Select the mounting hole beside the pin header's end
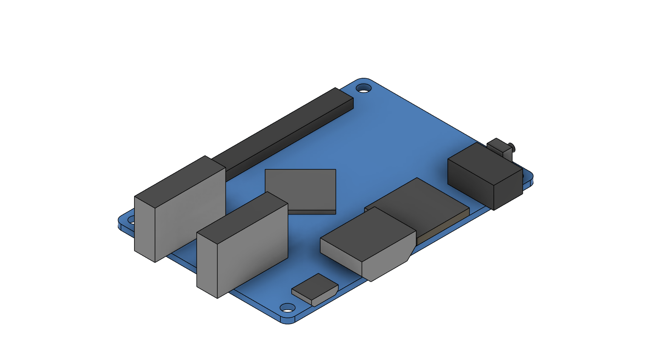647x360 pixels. coord(364,89)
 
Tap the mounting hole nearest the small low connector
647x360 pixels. coord(287,307)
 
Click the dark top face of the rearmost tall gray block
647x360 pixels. coord(180,181)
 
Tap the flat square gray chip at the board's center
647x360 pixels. coord(301,189)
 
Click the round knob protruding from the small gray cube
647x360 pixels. coord(513,148)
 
